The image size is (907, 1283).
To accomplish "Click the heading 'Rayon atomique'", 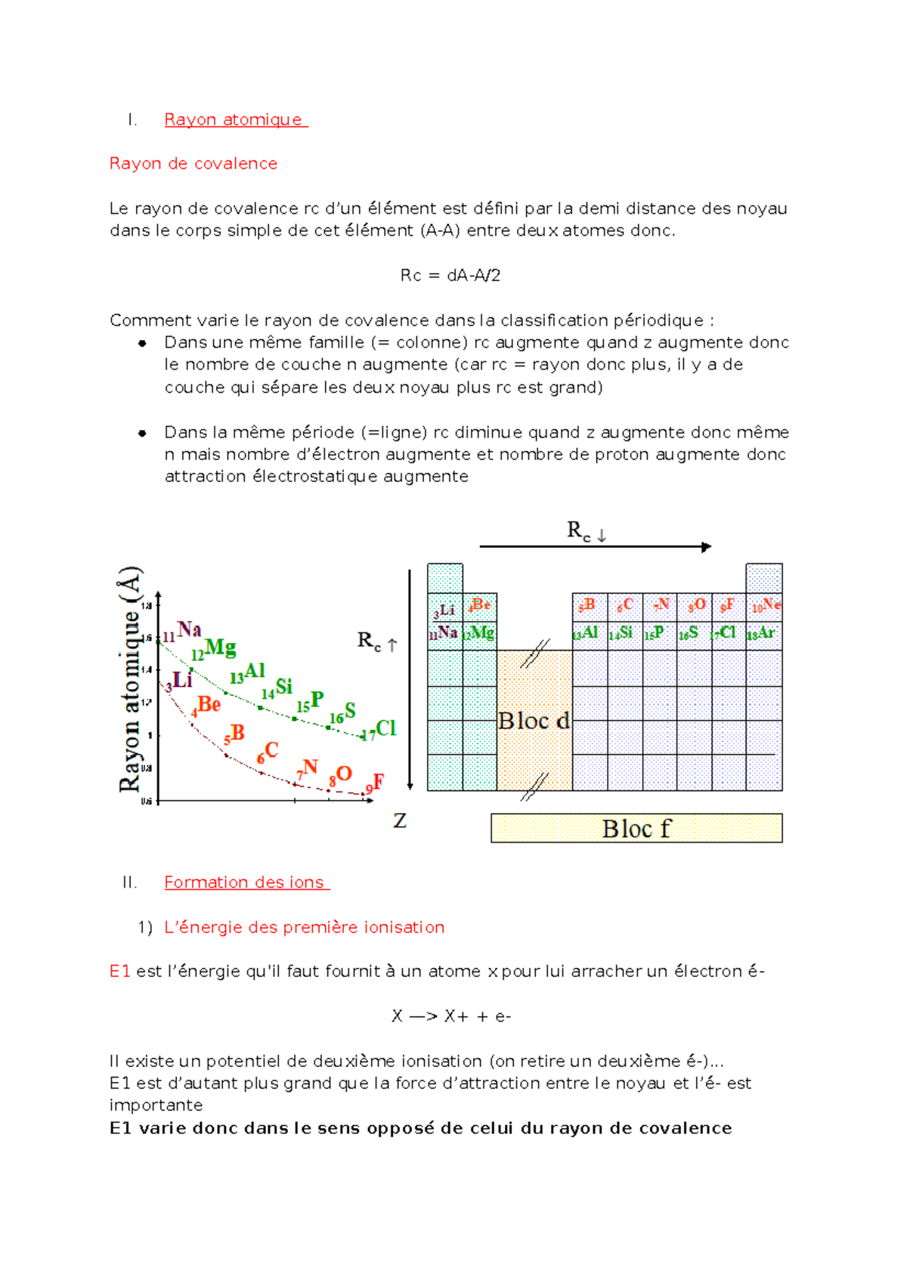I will tap(234, 119).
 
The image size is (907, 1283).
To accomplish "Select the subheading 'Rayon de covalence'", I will tap(193, 163).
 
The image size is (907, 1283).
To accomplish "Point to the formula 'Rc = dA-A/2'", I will tap(450, 275).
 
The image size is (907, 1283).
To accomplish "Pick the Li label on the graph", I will tap(181, 679).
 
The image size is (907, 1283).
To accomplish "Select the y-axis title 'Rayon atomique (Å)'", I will tap(130, 680).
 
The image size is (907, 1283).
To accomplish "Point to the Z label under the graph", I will tap(400, 821).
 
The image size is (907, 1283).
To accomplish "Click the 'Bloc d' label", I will tap(534, 721).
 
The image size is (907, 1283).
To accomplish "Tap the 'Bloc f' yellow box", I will tap(636, 828).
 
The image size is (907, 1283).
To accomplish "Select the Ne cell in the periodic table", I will tap(765, 606).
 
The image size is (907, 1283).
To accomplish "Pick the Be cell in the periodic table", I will tap(479, 606).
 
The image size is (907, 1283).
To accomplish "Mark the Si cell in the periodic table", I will tap(622, 633).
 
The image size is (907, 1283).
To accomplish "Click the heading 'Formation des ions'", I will tap(244, 882).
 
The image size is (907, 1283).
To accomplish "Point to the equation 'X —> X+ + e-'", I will tap(451, 1016).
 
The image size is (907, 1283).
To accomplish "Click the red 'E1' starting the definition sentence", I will tap(120, 971).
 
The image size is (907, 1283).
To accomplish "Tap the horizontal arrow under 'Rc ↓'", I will tap(595, 546).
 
